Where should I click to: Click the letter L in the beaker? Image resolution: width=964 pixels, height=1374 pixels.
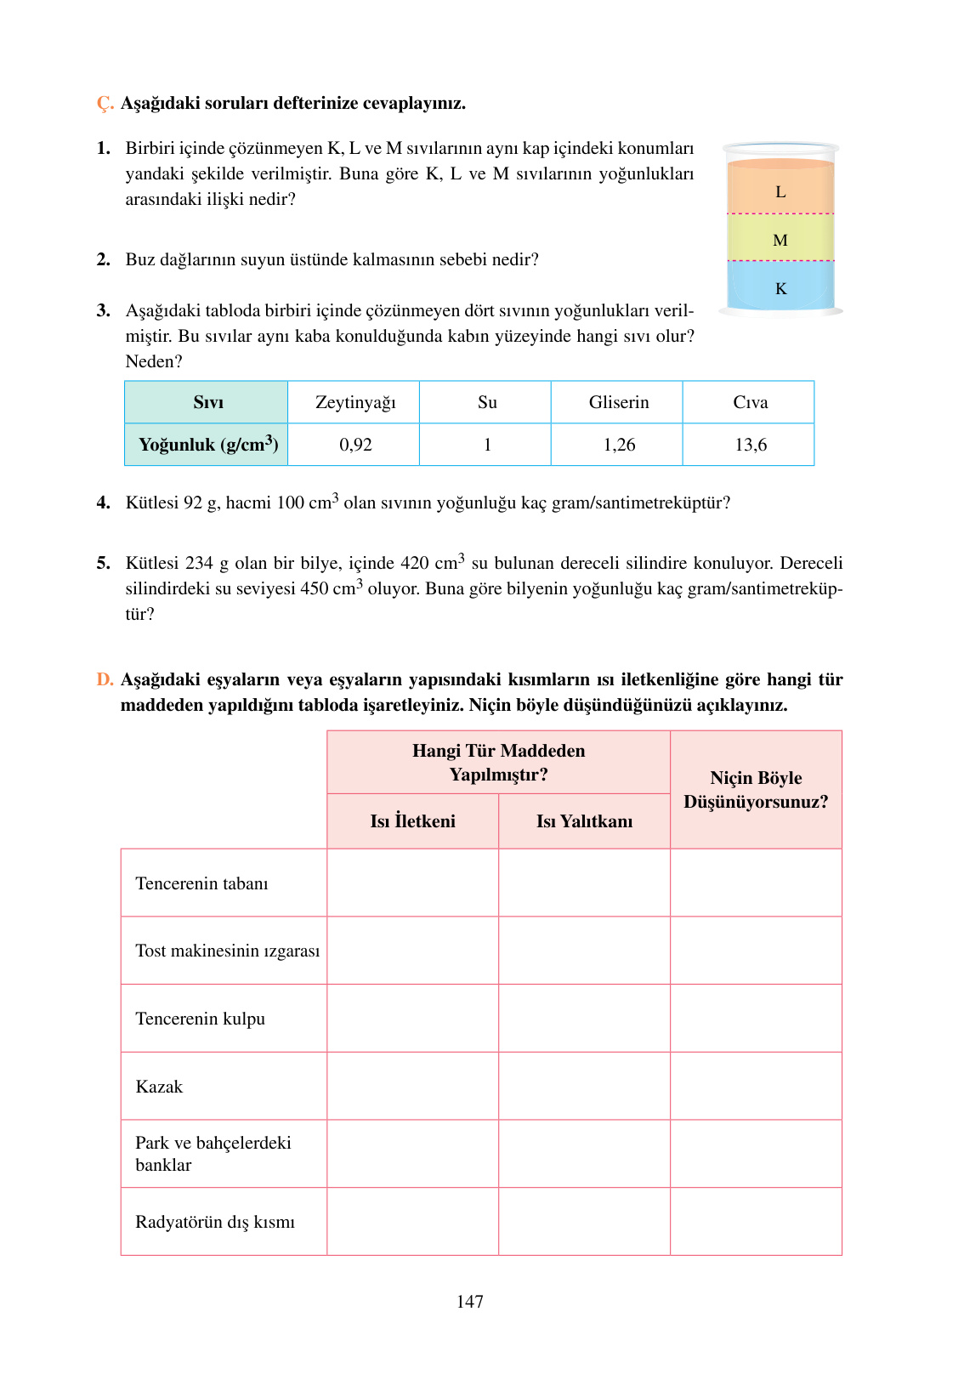pyautogui.click(x=780, y=192)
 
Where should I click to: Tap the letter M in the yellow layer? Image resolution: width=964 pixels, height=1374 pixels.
pyautogui.click(x=780, y=241)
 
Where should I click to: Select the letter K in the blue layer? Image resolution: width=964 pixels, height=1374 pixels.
pyautogui.click(x=780, y=289)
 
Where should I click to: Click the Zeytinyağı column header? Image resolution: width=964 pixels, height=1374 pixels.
pyautogui.click(x=355, y=402)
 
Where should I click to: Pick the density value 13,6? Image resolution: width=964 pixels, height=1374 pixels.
pyautogui.click(x=751, y=445)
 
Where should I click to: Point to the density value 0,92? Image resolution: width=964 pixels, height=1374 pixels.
pyautogui.click(x=355, y=445)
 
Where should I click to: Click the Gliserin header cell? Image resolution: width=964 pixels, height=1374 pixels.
pyautogui.click(x=619, y=402)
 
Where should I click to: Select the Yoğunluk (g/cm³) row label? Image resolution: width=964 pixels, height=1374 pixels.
pyautogui.click(x=207, y=445)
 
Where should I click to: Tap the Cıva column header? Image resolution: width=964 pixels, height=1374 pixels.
pyautogui.click(x=751, y=402)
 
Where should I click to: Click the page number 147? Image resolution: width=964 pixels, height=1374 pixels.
pyautogui.click(x=469, y=1302)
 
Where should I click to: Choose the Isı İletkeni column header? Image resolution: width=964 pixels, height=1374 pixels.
pyautogui.click(x=412, y=821)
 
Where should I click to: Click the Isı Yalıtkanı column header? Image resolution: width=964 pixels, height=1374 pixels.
pyautogui.click(x=584, y=821)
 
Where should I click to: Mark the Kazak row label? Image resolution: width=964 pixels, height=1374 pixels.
pyautogui.click(x=159, y=1087)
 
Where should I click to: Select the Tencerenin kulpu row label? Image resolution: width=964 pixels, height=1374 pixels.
pyautogui.click(x=201, y=1019)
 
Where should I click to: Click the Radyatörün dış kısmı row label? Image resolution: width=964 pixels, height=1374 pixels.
pyautogui.click(x=215, y=1222)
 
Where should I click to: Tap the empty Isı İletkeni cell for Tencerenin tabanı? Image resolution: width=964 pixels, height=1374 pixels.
pyautogui.click(x=412, y=883)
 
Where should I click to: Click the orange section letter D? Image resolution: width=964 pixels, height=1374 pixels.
pyautogui.click(x=104, y=679)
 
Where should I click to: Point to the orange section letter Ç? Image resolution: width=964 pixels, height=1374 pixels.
pyautogui.click(x=105, y=104)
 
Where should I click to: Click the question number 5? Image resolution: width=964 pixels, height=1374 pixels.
pyautogui.click(x=103, y=563)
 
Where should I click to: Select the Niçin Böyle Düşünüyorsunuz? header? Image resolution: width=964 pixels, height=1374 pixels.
pyautogui.click(x=756, y=790)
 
